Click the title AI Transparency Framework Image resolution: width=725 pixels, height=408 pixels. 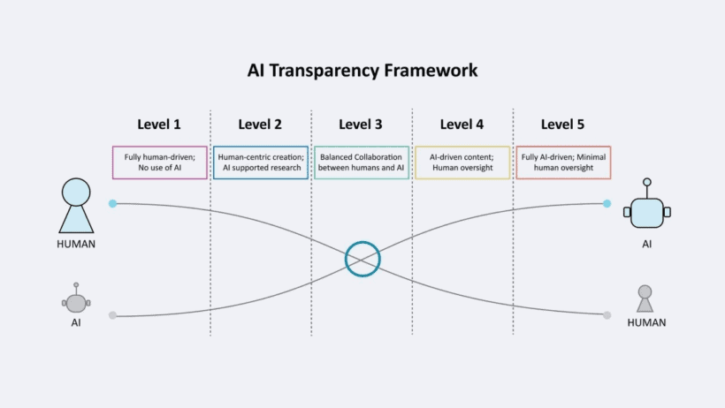[x=362, y=70]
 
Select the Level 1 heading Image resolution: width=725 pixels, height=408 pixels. [x=159, y=125]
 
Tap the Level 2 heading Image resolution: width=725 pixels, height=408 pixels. [x=260, y=125]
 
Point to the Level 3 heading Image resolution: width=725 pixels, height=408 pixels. [x=361, y=125]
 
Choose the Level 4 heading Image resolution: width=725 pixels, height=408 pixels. [x=462, y=125]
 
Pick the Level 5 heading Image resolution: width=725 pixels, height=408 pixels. [x=562, y=125]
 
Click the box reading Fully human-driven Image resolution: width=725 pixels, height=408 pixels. [x=160, y=162]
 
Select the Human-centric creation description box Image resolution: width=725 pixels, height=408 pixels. [x=261, y=162]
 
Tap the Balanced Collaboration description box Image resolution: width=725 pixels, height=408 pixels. [x=362, y=162]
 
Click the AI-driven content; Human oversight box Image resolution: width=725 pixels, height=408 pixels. [x=462, y=162]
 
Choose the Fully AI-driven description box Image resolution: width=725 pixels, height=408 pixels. [x=563, y=162]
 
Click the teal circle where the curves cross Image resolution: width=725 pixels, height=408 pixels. [x=362, y=259]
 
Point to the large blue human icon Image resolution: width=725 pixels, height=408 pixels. [x=76, y=206]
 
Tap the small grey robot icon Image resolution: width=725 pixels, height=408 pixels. [x=76, y=300]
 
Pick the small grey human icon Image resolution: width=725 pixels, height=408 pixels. [x=645, y=298]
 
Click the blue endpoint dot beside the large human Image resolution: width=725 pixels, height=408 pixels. [x=112, y=203]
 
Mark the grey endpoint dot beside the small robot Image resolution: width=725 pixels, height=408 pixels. [x=112, y=315]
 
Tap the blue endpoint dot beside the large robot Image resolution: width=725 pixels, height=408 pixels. [x=607, y=203]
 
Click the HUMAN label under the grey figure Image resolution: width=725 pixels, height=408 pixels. [x=646, y=323]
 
